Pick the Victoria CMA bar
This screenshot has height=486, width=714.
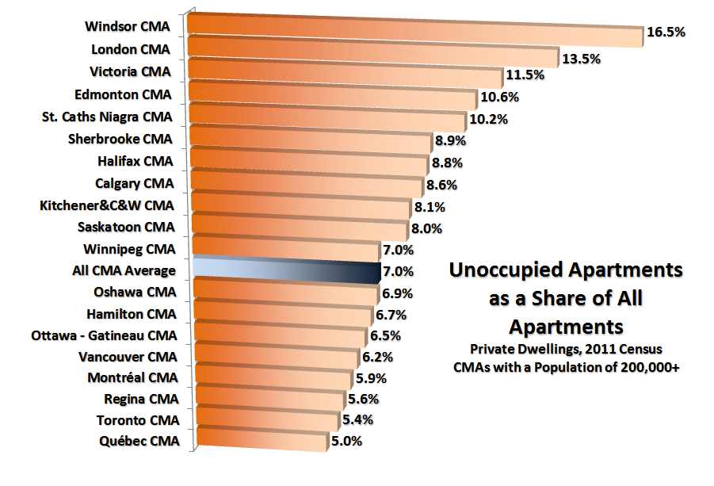pyautogui.click(x=345, y=71)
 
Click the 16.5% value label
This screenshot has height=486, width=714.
pyautogui.click(x=666, y=33)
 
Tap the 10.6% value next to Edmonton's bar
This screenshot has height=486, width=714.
pyautogui.click(x=499, y=98)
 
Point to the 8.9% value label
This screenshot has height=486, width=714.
pyautogui.click(x=449, y=140)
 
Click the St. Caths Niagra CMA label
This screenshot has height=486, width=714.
pyautogui.click(x=106, y=117)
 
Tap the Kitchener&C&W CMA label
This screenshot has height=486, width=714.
pyautogui.click(x=106, y=206)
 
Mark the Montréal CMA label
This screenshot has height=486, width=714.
pyautogui.click(x=132, y=377)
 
